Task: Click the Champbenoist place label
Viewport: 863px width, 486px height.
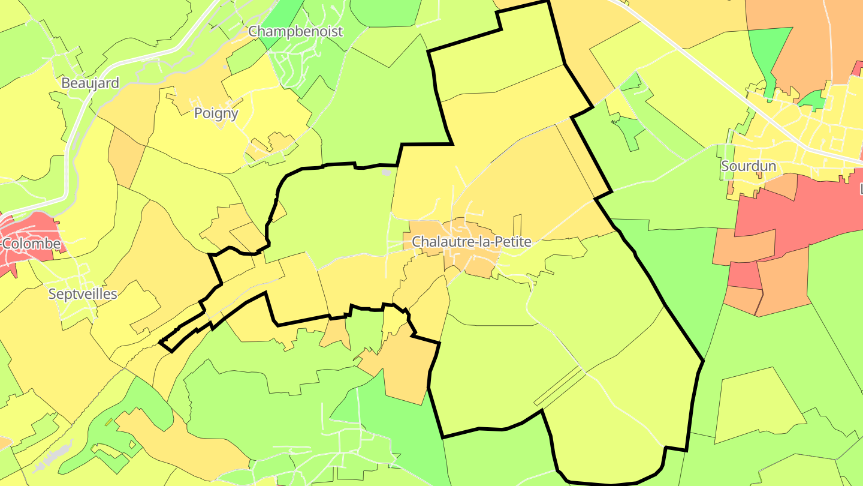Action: click(x=295, y=31)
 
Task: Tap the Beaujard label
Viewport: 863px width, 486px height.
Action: click(x=90, y=83)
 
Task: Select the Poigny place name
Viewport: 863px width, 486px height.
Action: click(x=216, y=113)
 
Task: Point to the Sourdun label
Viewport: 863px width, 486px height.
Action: click(x=749, y=166)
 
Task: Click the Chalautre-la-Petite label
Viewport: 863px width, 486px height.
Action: click(x=471, y=242)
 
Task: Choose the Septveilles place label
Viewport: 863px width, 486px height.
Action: click(x=83, y=293)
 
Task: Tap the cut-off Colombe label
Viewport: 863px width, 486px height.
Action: click(x=30, y=244)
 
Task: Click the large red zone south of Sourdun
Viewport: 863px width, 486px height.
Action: click(x=797, y=216)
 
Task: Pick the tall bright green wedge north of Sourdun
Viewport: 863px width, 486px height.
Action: click(x=770, y=51)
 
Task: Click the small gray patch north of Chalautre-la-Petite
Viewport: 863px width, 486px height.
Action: click(x=386, y=173)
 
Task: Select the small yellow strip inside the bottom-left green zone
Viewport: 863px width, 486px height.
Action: click(x=109, y=422)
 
